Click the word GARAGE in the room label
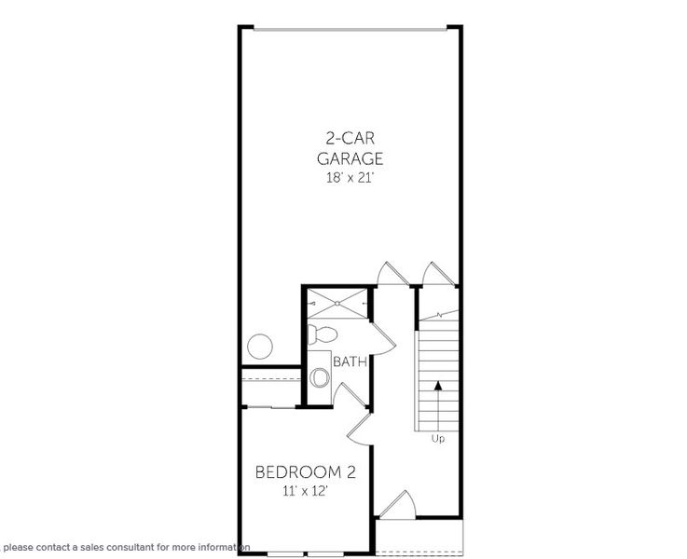(350, 158)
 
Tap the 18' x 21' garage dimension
(350, 177)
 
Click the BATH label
(350, 361)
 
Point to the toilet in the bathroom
(323, 334)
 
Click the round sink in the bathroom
(320, 378)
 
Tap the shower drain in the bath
(337, 302)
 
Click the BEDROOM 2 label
(305, 472)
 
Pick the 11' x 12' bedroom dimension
(305, 491)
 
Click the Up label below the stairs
(438, 437)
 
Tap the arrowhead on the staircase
(438, 383)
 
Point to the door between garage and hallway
(388, 274)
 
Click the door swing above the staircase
(436, 274)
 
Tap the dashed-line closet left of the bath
(270, 387)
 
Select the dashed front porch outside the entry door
(419, 537)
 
